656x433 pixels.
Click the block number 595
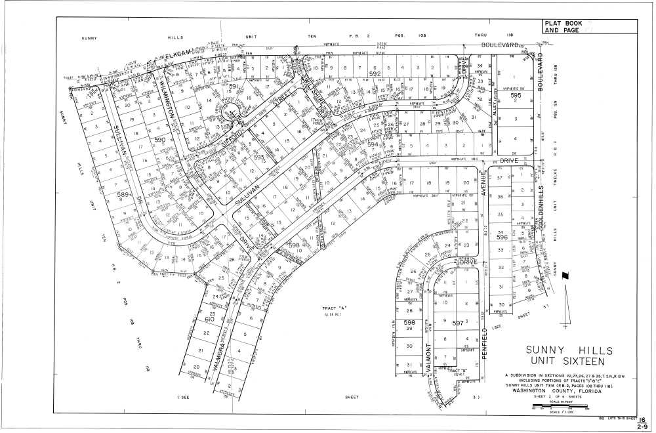[516, 96]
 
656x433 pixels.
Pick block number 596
[502, 237]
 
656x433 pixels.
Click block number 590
[160, 140]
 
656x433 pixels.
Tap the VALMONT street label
[427, 358]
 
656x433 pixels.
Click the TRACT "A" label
[333, 308]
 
